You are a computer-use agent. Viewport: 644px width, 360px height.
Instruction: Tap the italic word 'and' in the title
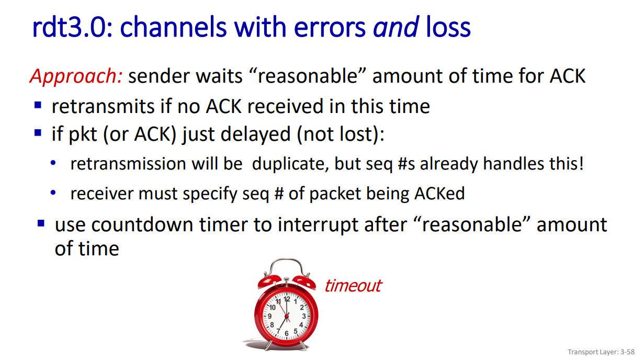(396, 27)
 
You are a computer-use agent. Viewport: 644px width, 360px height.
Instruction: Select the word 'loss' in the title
(448, 27)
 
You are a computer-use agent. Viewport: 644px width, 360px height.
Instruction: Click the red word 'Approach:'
(76, 77)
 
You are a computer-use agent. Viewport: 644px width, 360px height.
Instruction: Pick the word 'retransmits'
(103, 107)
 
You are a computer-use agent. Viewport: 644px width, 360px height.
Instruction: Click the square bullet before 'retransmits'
(38, 105)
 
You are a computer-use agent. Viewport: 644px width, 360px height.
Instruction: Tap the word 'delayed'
(255, 134)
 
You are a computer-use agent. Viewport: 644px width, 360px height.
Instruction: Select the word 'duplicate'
(290, 164)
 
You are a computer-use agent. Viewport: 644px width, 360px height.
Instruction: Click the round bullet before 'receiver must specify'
(53, 193)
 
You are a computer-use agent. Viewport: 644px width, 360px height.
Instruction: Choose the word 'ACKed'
(439, 194)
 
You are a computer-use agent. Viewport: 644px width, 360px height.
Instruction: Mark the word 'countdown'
(142, 224)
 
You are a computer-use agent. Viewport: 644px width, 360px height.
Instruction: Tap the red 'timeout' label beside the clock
(353, 286)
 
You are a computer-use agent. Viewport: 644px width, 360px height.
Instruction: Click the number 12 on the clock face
(287, 299)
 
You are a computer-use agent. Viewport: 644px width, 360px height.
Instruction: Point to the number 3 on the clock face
(303, 316)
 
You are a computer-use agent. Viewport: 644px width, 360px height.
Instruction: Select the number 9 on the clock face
(269, 316)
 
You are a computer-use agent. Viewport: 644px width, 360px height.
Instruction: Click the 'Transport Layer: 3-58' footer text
(601, 352)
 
